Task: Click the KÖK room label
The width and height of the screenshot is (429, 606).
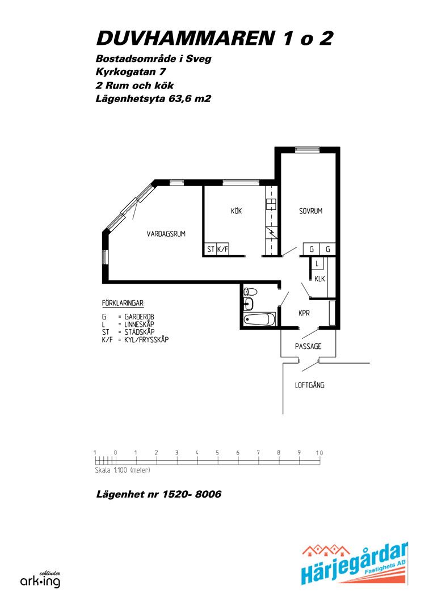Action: tap(236, 211)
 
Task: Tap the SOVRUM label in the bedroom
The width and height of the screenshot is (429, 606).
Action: tap(311, 211)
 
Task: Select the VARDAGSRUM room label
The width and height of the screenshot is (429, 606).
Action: tap(166, 233)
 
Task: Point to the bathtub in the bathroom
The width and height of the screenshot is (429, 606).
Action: tap(259, 319)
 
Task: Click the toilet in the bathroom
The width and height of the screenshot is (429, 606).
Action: tap(250, 292)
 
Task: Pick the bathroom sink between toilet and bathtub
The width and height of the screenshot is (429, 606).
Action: tap(248, 305)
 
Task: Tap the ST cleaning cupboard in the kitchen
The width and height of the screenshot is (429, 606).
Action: tap(211, 250)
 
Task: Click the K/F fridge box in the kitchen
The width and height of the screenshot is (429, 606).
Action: tap(222, 250)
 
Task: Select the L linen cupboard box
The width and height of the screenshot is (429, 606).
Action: tap(317, 264)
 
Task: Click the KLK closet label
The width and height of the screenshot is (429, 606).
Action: tap(319, 279)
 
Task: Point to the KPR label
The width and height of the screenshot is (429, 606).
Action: tap(304, 313)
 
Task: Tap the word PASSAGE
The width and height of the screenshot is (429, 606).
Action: tap(308, 346)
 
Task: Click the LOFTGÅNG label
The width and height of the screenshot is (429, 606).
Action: tap(310, 385)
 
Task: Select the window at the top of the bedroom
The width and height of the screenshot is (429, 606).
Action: tap(307, 150)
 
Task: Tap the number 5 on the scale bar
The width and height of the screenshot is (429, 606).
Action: tap(217, 453)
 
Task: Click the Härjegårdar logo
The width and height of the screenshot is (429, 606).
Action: tap(355, 564)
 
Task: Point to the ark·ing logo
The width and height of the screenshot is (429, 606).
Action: tap(40, 580)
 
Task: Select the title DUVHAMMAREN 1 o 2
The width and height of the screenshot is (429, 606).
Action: tap(214, 38)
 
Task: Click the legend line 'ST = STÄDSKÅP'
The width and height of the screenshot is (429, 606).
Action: tap(128, 332)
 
